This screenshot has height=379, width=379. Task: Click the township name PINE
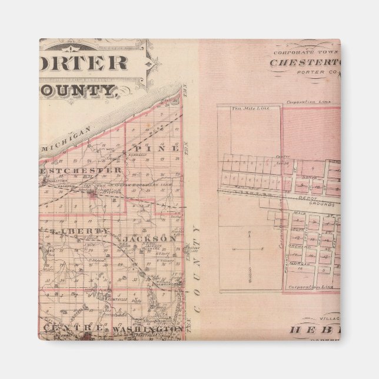tap(155, 148)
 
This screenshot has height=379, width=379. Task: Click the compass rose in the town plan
tap(251, 250)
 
